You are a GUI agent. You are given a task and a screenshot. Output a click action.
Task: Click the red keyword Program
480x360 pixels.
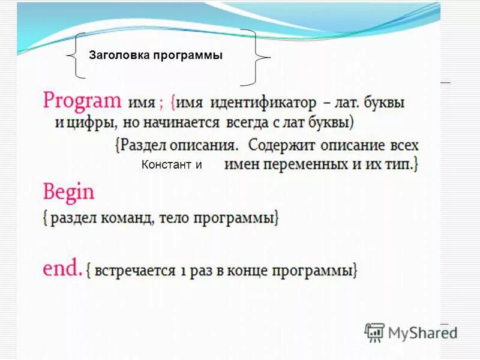pos(82,101)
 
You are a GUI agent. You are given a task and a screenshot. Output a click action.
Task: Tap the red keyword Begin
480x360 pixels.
pos(68,193)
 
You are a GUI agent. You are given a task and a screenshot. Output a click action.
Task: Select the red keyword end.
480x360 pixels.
pos(62,268)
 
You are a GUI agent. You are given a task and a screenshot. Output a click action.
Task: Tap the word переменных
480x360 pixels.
pos(305,164)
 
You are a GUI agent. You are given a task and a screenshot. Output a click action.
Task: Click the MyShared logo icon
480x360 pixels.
pos(374,331)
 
